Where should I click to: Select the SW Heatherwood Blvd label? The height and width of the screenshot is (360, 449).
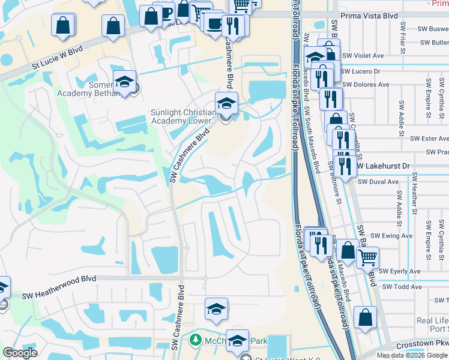pos(59,296)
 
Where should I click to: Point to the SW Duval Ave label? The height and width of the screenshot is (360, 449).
pos(378,181)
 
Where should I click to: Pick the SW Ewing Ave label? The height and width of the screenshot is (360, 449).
pos(391,236)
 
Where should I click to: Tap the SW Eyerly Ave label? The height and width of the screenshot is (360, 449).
pos(400,271)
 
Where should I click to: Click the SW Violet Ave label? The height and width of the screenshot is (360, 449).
pos(362,56)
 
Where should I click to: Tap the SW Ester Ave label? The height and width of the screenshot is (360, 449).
pos(428,138)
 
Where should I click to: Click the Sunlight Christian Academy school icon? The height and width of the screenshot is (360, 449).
pos(226,103)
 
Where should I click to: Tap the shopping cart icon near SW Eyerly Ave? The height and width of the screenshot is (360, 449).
pos(367,257)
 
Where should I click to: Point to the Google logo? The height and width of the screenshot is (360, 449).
pos(20,353)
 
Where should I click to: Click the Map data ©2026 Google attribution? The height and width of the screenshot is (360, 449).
pos(412,355)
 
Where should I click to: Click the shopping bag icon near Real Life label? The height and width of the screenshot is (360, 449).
pos(365,317)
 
